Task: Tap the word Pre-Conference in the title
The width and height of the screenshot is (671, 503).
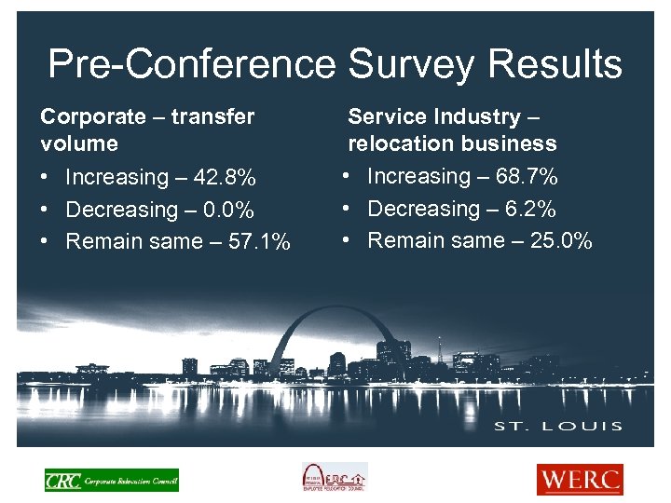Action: tap(192, 65)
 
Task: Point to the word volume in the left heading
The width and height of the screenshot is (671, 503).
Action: tap(79, 143)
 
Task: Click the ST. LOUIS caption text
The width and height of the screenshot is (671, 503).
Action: tap(559, 426)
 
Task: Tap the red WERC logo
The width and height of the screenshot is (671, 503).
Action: tap(579, 480)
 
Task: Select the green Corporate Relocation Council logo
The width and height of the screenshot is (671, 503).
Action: tap(112, 480)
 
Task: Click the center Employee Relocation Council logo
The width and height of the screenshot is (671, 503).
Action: tap(334, 478)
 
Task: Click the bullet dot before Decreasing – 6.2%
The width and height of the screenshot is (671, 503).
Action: tap(346, 209)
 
